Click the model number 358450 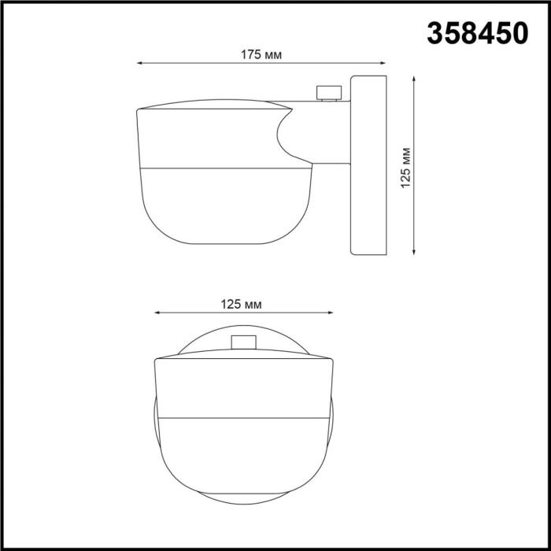pos(477,33)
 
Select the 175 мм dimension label pos(261,55)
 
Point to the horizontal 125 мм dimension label pos(241,305)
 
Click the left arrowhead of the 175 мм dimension pos(140,64)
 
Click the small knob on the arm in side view pos(325,93)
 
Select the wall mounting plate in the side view pos(368,165)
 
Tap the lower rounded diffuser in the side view pos(224,205)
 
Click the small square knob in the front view pos(244,341)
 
